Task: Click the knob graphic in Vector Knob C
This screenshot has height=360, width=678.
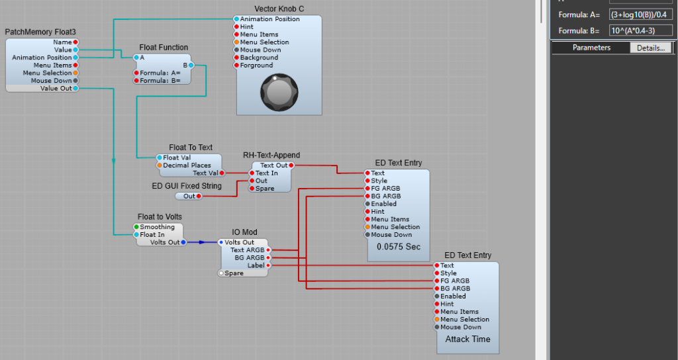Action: point(279,89)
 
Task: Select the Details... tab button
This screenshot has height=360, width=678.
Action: point(651,48)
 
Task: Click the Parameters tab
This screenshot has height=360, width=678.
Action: point(591,48)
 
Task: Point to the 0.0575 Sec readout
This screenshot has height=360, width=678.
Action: point(399,246)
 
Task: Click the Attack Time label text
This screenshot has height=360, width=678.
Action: point(467,339)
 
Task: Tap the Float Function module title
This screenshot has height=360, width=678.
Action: point(164,48)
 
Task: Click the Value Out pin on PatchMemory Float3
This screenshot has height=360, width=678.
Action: point(75,88)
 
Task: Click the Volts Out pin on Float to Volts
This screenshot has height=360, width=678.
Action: point(183,242)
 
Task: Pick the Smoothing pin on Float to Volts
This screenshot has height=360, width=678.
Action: point(137,227)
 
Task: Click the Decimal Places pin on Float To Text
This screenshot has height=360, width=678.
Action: point(159,165)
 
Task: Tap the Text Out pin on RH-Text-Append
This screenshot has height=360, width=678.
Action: point(290,165)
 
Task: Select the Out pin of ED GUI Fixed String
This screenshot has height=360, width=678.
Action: point(199,196)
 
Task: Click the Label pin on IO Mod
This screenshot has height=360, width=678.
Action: point(268,265)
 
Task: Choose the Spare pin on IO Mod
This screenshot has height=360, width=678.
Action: point(221,273)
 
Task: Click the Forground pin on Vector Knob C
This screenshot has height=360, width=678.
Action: point(236,66)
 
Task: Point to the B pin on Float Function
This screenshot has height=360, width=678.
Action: point(191,65)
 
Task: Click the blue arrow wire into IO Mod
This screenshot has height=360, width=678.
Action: point(201,242)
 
